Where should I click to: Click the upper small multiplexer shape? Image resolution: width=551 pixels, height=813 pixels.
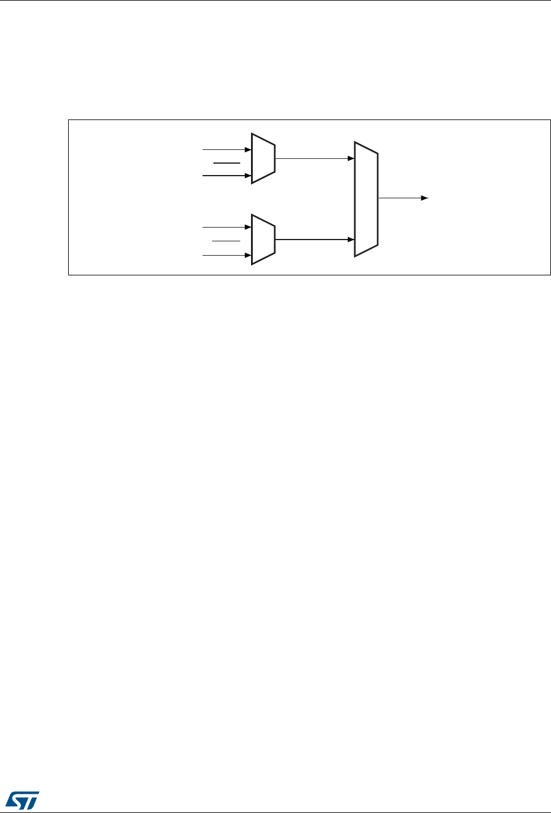(x=263, y=158)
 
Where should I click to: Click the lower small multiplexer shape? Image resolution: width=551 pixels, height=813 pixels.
(x=263, y=239)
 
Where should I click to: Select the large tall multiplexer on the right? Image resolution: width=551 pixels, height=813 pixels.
(x=366, y=199)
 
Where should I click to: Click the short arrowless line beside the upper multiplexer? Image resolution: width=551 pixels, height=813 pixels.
(x=226, y=162)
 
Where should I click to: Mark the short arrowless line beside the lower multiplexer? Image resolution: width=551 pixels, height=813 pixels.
(x=226, y=241)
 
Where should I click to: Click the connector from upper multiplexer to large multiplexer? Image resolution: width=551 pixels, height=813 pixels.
(x=311, y=158)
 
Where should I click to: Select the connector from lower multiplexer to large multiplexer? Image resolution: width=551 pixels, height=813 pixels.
(x=311, y=239)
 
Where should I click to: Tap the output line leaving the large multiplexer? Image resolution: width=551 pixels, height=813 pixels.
(x=400, y=198)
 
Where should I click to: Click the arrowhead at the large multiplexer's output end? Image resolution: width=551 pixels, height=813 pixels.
(x=424, y=198)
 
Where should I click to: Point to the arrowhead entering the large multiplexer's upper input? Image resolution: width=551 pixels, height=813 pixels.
(x=351, y=158)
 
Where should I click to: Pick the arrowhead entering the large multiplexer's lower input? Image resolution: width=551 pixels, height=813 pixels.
(x=351, y=239)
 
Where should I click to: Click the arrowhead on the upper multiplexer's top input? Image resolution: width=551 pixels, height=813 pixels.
(x=247, y=149)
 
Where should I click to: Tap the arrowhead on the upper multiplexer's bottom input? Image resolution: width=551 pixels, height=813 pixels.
(x=247, y=176)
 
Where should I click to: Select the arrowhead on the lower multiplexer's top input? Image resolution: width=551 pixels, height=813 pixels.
(x=247, y=227)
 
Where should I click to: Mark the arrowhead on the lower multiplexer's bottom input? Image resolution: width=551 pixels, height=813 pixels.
(x=247, y=256)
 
